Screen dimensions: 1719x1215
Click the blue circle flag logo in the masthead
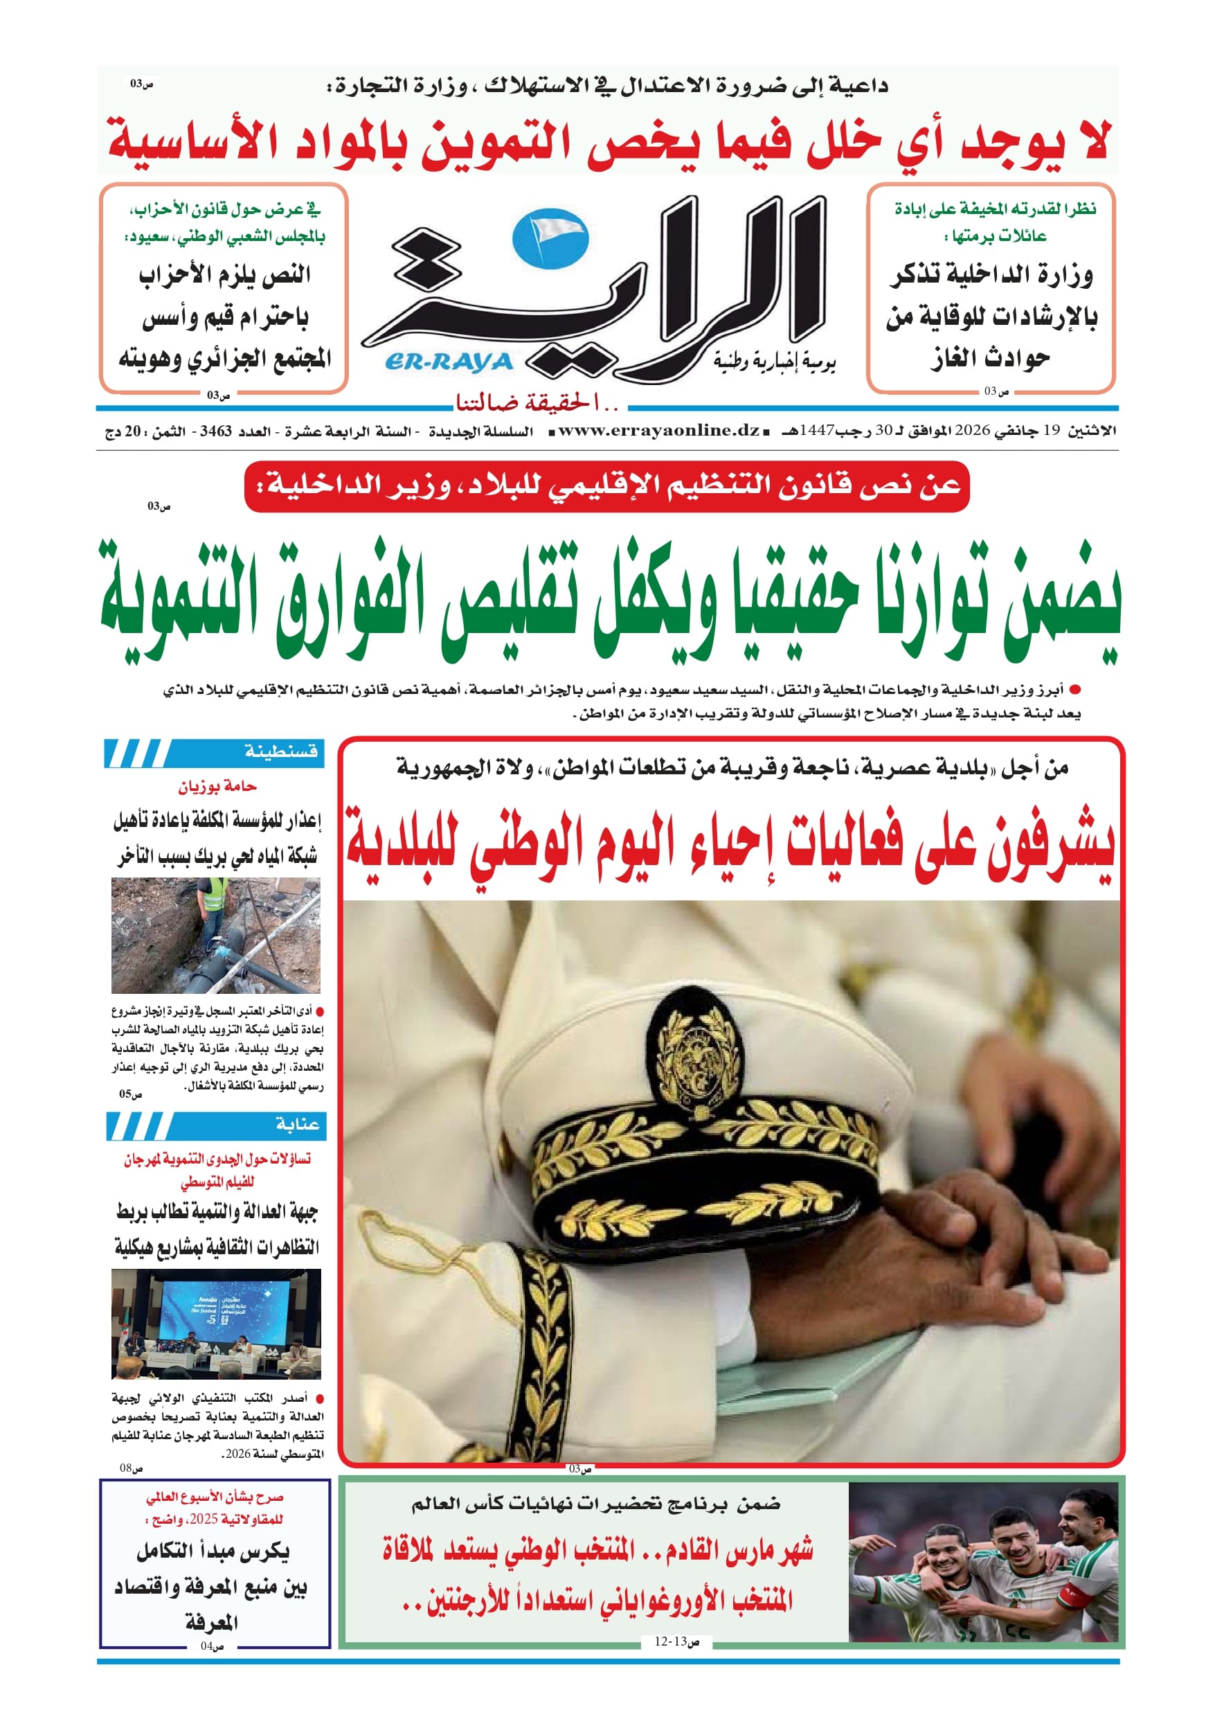pyautogui.click(x=550, y=238)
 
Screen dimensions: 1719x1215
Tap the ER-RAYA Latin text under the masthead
pyautogui.click(x=449, y=362)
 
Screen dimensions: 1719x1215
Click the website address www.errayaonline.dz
pyautogui.click(x=659, y=431)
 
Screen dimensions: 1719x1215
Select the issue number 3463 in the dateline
pyautogui.click(x=215, y=431)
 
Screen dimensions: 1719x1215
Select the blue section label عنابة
pyautogui.click(x=297, y=1124)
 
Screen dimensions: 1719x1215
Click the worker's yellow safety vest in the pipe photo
pyautogui.click(x=214, y=893)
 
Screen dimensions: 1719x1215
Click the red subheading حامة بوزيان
pyautogui.click(x=217, y=786)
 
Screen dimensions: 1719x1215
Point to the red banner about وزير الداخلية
pyautogui.click(x=606, y=486)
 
